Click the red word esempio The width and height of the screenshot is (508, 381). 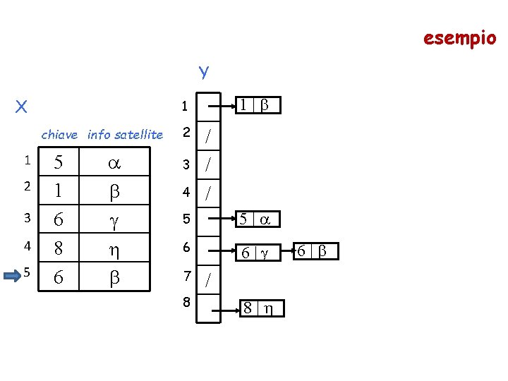tap(459, 37)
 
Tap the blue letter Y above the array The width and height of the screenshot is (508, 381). tap(203, 72)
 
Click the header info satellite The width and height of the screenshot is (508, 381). tap(126, 134)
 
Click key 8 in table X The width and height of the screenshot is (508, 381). tap(59, 249)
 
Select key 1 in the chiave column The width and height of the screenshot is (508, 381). tap(59, 191)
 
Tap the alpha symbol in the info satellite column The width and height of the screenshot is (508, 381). tap(113, 163)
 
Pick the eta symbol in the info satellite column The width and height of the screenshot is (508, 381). tap(113, 250)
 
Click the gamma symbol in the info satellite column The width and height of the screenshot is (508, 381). tap(113, 221)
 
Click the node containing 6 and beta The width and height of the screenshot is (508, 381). tap(313, 250)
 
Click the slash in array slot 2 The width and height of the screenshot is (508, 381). tap(207, 136)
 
